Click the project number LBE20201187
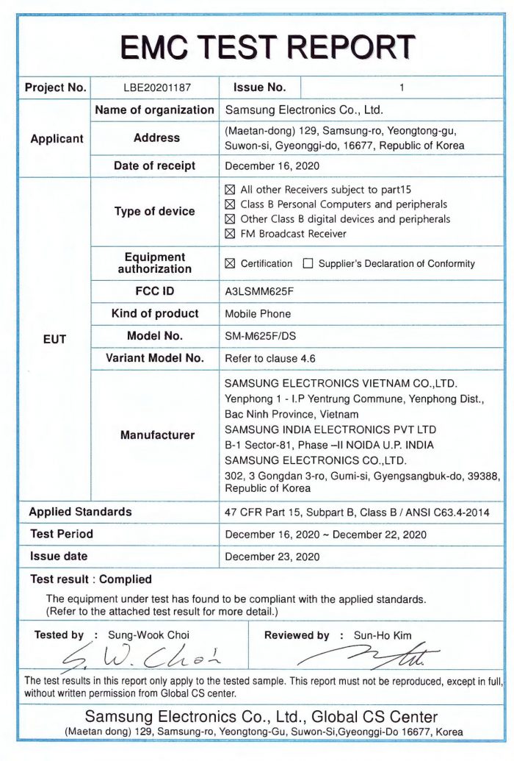click(156, 87)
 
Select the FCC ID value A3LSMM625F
click(259, 291)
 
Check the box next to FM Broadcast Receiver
click(230, 235)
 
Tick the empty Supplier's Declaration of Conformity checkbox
click(308, 264)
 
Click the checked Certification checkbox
click(230, 264)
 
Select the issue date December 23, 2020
click(272, 557)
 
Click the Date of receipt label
click(154, 166)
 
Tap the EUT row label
click(54, 340)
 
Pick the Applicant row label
click(57, 139)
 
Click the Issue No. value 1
click(402, 87)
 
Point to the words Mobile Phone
click(258, 314)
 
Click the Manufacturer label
click(157, 435)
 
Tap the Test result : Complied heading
click(91, 579)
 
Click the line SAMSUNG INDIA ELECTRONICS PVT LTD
click(330, 429)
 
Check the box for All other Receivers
click(230, 190)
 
